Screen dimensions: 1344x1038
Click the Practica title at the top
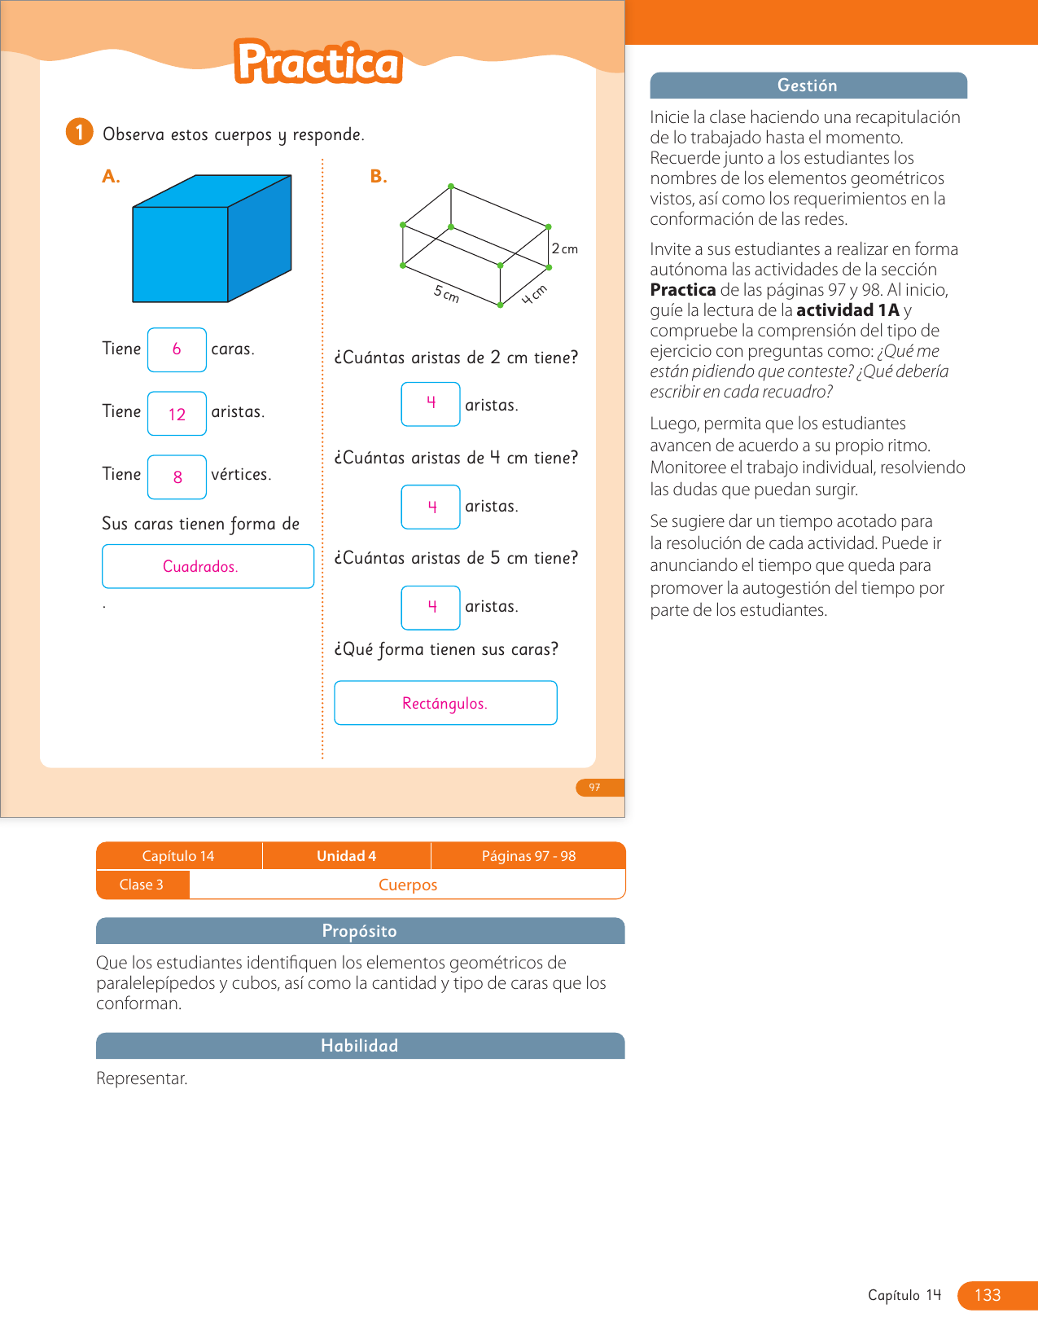click(x=318, y=63)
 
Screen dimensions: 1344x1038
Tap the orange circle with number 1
click(x=79, y=132)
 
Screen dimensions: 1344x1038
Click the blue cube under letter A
click(x=212, y=239)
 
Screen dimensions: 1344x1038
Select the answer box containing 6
click(x=177, y=349)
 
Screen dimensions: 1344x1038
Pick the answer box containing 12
click(x=177, y=414)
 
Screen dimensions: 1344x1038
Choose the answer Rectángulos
click(x=445, y=703)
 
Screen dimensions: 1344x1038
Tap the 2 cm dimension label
click(x=564, y=248)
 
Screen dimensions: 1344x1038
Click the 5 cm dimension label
click(x=447, y=294)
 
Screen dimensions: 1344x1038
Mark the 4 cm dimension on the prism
click(x=534, y=295)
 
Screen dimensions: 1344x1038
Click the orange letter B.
click(x=378, y=177)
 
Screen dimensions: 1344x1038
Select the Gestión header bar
click(x=808, y=86)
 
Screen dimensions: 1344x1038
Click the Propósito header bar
click(x=360, y=931)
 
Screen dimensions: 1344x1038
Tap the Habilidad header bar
click(x=360, y=1046)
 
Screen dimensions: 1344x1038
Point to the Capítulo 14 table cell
click(x=178, y=856)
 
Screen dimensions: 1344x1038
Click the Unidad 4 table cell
click(x=346, y=856)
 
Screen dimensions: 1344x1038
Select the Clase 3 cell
click(x=142, y=885)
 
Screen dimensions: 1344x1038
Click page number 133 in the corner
click(x=988, y=1295)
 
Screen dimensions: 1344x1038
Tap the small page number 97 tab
click(x=595, y=788)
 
